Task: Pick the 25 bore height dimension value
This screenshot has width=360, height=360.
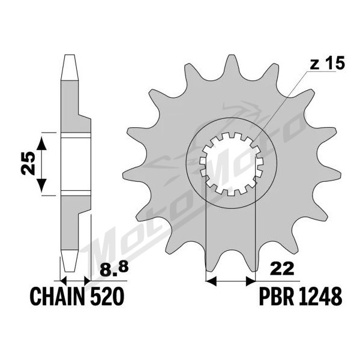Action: pyautogui.click(x=28, y=163)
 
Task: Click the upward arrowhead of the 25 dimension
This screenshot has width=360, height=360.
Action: pyautogui.click(x=41, y=143)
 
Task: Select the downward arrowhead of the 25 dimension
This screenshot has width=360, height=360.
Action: pyautogui.click(x=41, y=185)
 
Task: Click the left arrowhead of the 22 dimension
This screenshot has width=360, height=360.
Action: pyautogui.click(x=211, y=281)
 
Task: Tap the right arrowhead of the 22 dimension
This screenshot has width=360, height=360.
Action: pyautogui.click(x=250, y=281)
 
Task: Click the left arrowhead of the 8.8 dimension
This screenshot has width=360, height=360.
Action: pyautogui.click(x=63, y=281)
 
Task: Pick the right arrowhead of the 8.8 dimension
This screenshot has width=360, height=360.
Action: pyautogui.click(x=88, y=281)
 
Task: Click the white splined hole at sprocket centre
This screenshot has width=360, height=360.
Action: pyautogui.click(x=231, y=163)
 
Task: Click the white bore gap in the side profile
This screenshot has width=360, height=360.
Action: pyautogui.click(x=76, y=165)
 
